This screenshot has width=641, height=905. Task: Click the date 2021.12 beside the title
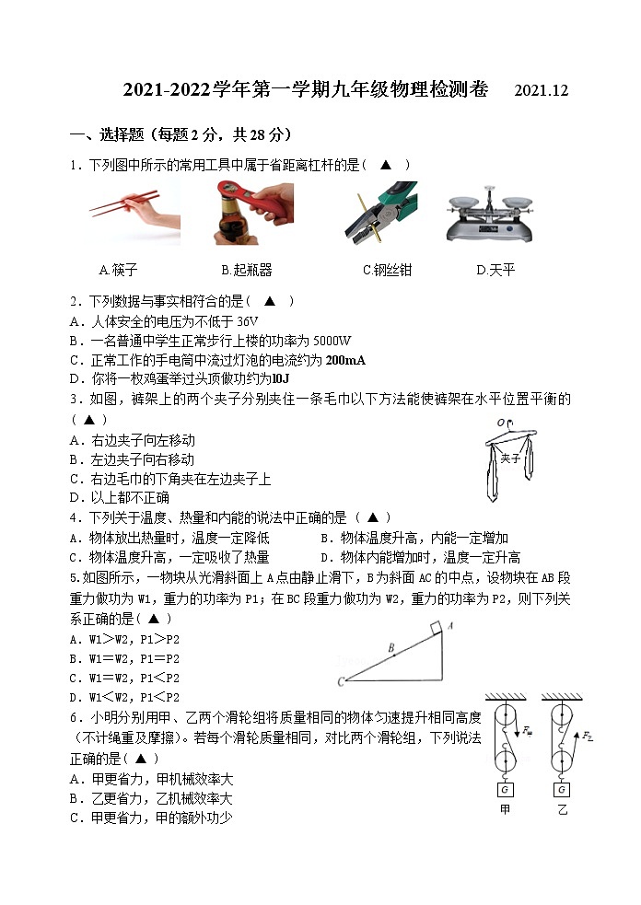pos(542,91)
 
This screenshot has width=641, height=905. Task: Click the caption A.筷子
pos(118,271)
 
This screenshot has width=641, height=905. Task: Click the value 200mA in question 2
pos(345,360)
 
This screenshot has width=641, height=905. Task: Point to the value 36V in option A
pos(247,321)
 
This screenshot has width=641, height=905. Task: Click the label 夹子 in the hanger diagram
pos(510,457)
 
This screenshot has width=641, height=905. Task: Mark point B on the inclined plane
pos(391,649)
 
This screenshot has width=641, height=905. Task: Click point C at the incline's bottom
pos(341,681)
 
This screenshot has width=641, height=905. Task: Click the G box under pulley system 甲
pos(505,789)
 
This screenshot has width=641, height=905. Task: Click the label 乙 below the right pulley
pos(562,811)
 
